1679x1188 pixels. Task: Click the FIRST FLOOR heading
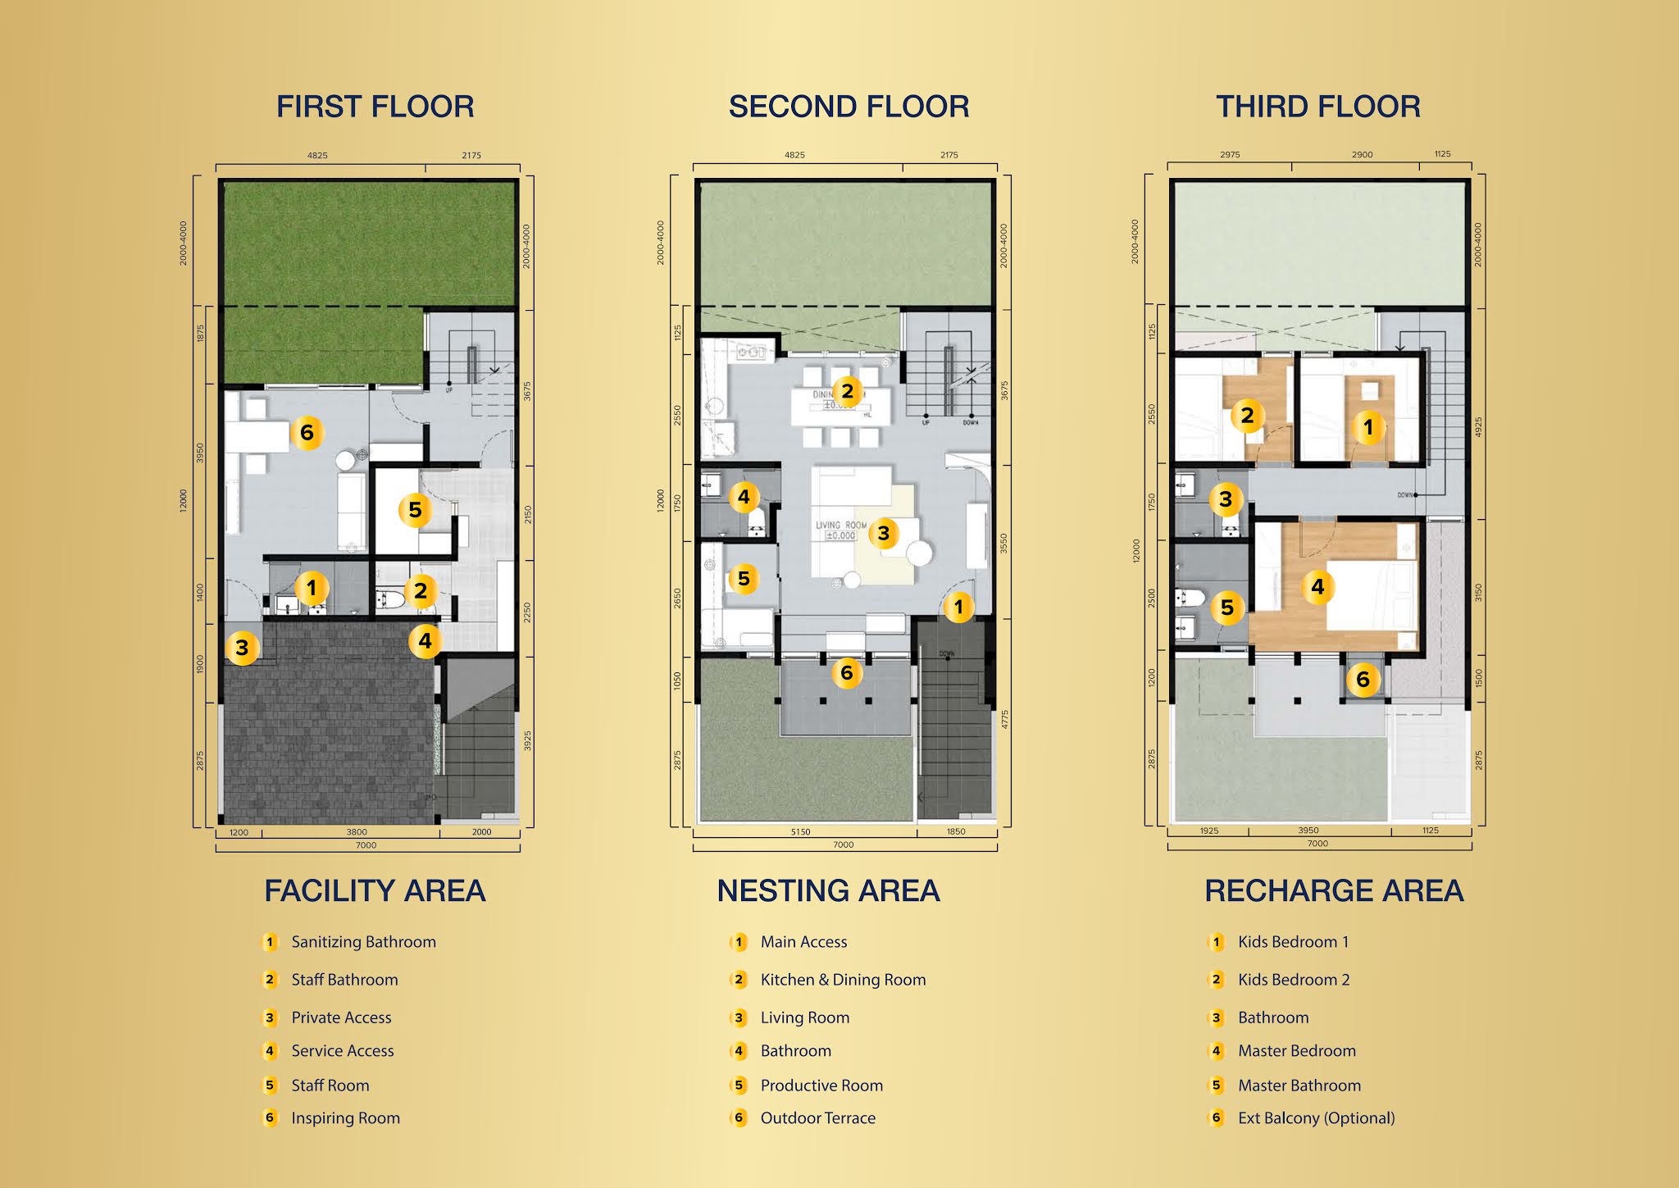375,107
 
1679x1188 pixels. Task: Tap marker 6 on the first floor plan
307,432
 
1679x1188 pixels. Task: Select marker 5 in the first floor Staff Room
415,510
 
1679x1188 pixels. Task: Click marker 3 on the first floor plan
242,648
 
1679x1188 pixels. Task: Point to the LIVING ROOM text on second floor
840,525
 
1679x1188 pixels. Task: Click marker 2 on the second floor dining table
848,391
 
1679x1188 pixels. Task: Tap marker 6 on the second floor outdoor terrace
847,673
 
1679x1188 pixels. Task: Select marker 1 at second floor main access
958,608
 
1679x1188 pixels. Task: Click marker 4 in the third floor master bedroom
1317,587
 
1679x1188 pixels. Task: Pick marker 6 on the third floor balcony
1363,679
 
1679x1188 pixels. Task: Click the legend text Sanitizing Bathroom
363,942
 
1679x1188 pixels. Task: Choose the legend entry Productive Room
821,1086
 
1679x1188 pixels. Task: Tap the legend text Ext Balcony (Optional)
1316,1118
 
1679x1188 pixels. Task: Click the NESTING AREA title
828,891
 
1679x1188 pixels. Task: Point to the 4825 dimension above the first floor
317,155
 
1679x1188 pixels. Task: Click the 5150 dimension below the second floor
800,832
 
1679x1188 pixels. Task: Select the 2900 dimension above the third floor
1362,154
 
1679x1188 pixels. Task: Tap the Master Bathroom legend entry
1299,1086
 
